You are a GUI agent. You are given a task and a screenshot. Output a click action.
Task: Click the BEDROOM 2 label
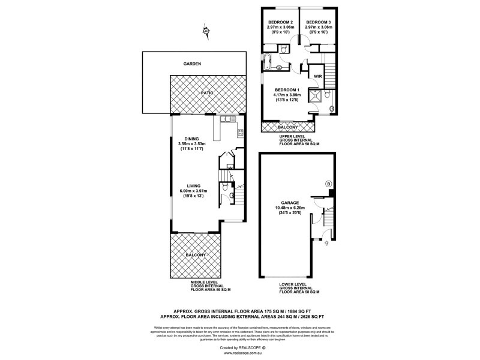click(x=280, y=22)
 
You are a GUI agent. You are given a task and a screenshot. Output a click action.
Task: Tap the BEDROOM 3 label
click(x=318, y=22)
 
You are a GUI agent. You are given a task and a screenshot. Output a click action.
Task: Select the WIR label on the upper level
click(x=317, y=77)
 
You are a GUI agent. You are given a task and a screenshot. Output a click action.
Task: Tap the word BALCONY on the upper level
click(x=289, y=127)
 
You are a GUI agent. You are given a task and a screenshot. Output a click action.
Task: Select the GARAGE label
click(x=289, y=202)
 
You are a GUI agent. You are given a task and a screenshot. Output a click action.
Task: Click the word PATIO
click(x=207, y=93)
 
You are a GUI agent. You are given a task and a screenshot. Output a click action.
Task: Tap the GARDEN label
click(x=192, y=64)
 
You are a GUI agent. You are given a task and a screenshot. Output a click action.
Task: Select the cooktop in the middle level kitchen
click(x=239, y=131)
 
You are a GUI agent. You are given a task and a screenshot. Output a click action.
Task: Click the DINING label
click(x=193, y=137)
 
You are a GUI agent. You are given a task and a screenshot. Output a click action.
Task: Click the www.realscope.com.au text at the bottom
click(x=240, y=353)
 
